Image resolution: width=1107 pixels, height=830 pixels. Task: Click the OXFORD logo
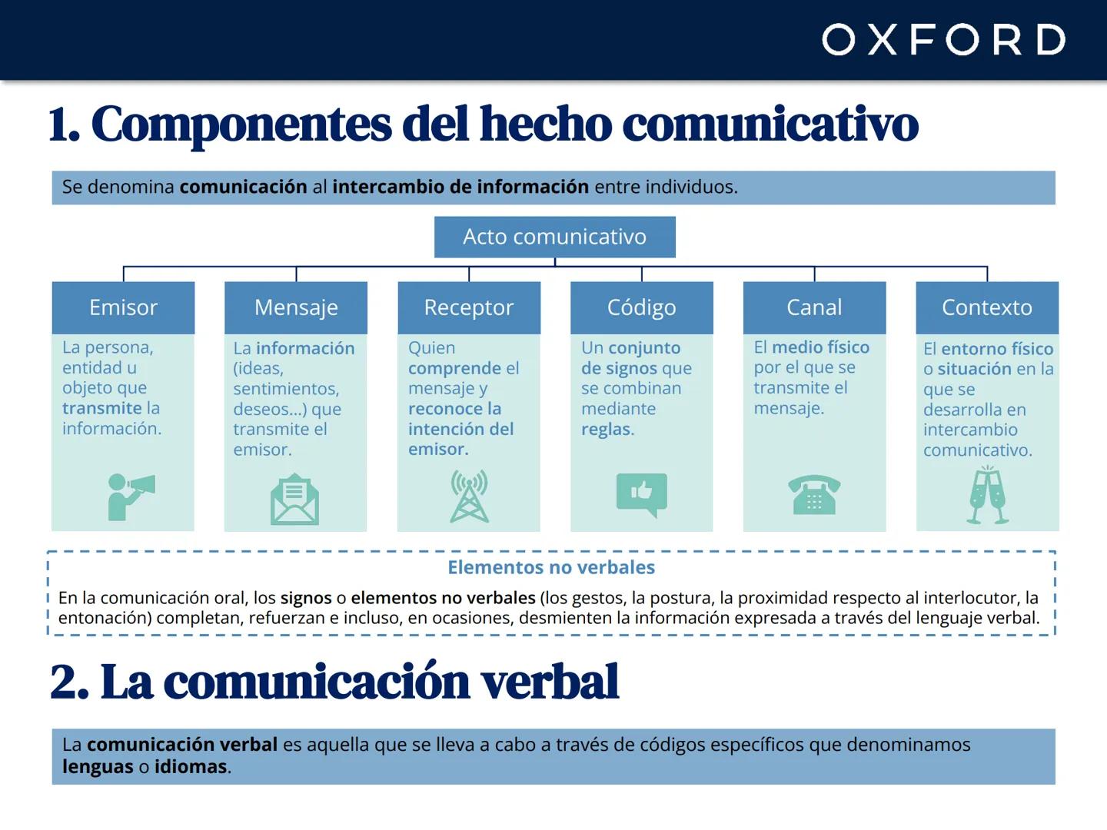tap(943, 39)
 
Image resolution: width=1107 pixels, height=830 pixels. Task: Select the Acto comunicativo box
tap(554, 237)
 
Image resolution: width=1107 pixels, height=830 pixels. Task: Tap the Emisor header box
tap(123, 307)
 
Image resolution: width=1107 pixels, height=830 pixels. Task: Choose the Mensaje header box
tap(296, 307)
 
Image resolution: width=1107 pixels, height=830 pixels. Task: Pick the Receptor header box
tap(469, 307)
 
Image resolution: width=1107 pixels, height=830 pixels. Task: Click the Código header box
tap(641, 307)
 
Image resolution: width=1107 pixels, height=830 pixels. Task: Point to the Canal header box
tap(814, 307)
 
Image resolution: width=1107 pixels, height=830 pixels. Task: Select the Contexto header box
tap(987, 307)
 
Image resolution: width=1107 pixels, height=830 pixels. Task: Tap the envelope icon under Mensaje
tap(294, 500)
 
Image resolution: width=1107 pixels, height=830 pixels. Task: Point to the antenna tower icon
tap(469, 496)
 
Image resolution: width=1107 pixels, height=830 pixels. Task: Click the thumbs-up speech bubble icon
tap(641, 494)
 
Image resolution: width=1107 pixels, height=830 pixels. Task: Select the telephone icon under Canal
tap(814, 494)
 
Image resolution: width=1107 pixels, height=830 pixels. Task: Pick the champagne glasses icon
tap(987, 496)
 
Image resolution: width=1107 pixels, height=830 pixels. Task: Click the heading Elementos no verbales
tap(551, 567)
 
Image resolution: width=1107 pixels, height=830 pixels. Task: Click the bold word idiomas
tap(190, 766)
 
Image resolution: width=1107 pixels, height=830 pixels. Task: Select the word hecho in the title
tap(545, 124)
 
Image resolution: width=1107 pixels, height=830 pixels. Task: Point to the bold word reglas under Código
tap(606, 429)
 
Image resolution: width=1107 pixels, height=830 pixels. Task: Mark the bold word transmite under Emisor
tap(101, 408)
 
